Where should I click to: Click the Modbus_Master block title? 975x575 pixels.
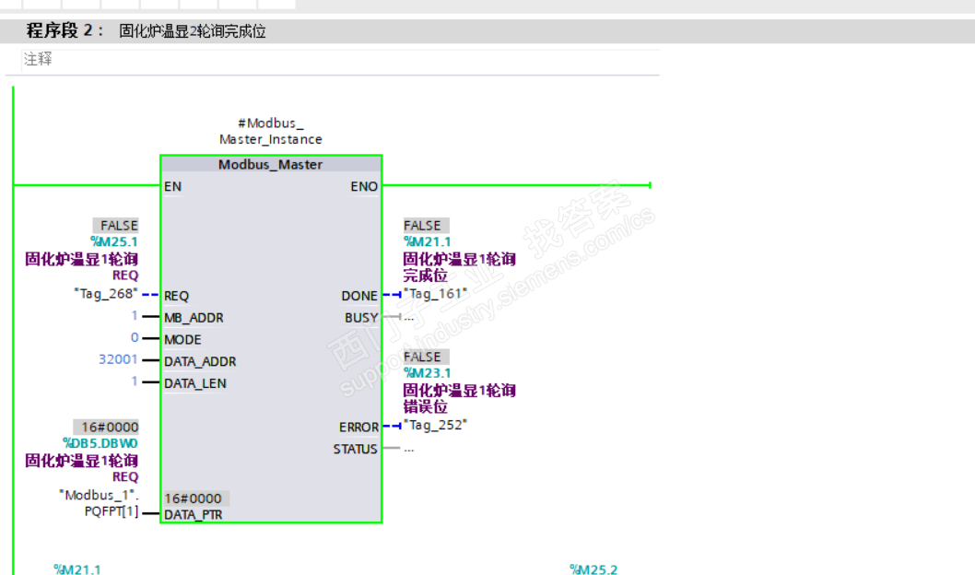(270, 165)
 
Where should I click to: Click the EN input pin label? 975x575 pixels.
(172, 186)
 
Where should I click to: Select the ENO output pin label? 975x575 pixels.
(364, 186)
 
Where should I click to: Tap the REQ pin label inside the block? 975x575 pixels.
(176, 296)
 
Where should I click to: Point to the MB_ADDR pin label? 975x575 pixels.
(194, 318)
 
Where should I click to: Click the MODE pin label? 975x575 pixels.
(182, 340)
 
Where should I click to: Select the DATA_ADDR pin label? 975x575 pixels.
(200, 362)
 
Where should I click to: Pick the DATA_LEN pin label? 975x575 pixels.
(195, 383)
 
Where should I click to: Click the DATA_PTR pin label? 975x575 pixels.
(193, 515)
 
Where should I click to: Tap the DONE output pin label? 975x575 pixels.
(359, 296)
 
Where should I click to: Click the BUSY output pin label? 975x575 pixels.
(361, 318)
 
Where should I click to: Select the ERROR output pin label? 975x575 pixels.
(358, 428)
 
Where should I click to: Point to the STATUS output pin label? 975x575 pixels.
(356, 450)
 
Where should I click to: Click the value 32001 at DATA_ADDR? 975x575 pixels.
(118, 359)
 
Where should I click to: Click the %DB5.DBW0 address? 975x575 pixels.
(100, 443)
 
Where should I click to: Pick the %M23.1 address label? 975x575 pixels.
(428, 373)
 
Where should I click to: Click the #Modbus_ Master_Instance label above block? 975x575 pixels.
(270, 131)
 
